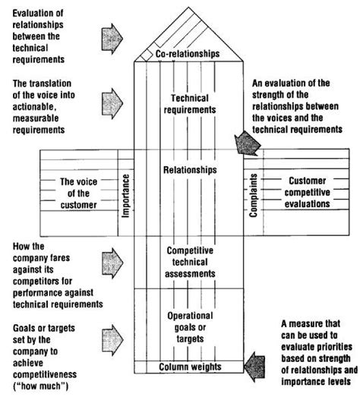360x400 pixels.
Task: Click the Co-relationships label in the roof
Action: pyautogui.click(x=188, y=55)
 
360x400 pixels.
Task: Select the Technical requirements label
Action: pyautogui.click(x=190, y=105)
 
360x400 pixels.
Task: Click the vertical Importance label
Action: pyautogui.click(x=127, y=194)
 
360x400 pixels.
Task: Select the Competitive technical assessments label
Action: pyautogui.click(x=190, y=260)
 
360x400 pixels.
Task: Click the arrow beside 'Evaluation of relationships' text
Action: pyautogui.click(x=109, y=34)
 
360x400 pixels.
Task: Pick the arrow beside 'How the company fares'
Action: pyautogui.click(x=109, y=260)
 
